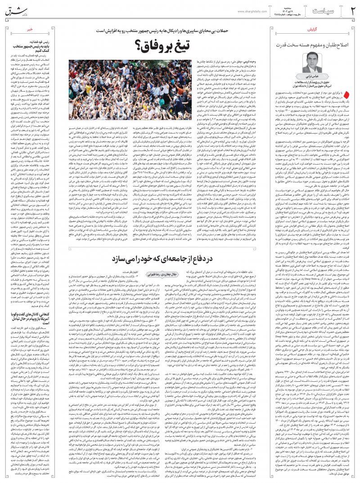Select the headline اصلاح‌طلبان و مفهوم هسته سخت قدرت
click(x=310, y=45)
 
